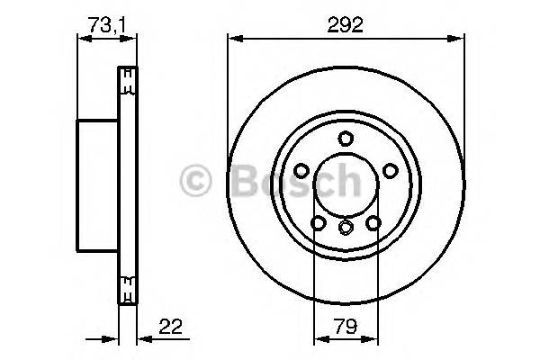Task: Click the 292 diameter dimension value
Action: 346,25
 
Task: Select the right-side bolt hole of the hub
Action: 390,170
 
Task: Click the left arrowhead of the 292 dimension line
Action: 233,38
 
